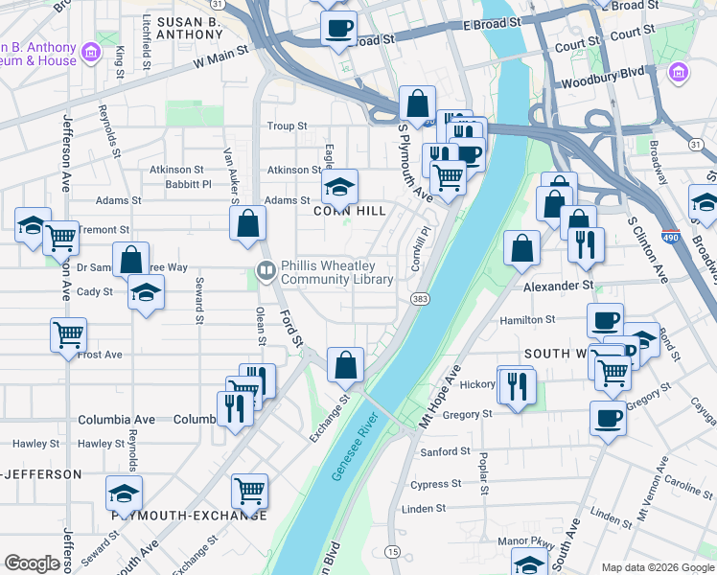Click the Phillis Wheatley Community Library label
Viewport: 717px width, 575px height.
(336, 273)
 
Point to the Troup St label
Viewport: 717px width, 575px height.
(287, 126)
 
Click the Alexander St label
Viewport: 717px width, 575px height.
(558, 286)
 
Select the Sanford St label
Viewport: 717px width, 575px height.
(445, 451)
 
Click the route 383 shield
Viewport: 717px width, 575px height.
(421, 299)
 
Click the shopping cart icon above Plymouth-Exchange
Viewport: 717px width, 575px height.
(249, 491)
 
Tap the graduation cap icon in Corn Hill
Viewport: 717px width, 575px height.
(338, 186)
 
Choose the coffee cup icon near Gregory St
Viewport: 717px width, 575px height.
(606, 418)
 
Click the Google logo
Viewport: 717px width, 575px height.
(32, 563)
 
